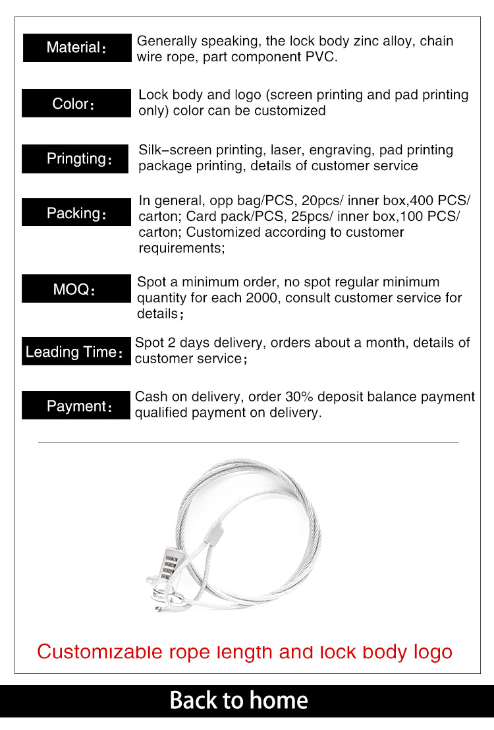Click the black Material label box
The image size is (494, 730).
77,47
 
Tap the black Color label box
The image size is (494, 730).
76,104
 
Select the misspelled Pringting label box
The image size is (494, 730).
75,159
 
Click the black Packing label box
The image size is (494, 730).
76,213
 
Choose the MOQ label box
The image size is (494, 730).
76,289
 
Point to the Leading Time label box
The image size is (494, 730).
76,351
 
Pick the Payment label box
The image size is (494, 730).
76,406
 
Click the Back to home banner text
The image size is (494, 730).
238,700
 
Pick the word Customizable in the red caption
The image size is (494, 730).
100,652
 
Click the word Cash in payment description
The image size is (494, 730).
151,397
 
